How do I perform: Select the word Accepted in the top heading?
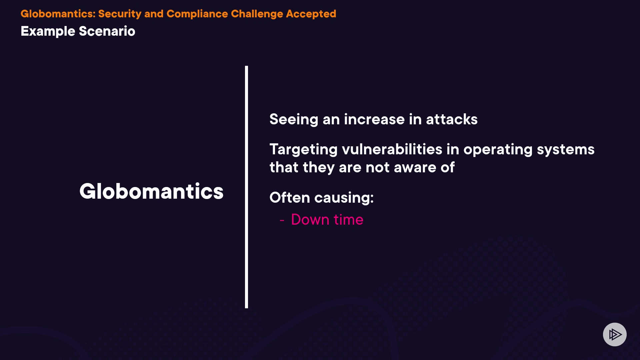pos(311,14)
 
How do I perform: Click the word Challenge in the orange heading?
pos(257,14)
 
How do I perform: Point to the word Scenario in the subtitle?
pos(107,31)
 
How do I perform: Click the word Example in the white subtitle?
pos(48,31)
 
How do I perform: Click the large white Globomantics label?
pos(151,191)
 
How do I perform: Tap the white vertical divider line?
pos(246,187)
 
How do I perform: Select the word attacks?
pos(452,119)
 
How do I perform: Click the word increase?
pos(374,119)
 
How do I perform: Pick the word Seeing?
pos(294,120)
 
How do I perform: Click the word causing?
pos(344,198)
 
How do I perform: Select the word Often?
pos(290,197)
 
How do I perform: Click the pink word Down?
pos(310,220)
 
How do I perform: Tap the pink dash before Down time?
pos(282,220)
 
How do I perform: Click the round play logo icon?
pos(615,334)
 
